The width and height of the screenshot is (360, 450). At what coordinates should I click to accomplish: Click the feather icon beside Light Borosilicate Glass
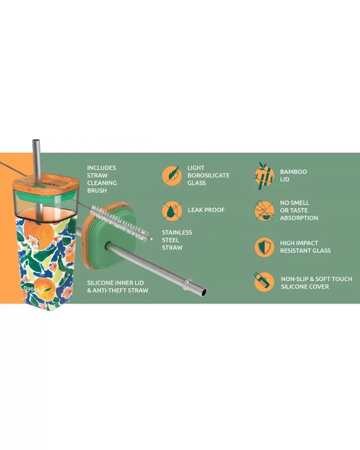pyautogui.click(x=172, y=175)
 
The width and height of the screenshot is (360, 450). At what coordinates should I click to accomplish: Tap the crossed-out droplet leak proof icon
pyautogui.click(x=172, y=211)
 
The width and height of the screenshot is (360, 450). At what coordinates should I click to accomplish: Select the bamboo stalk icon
pyautogui.click(x=264, y=176)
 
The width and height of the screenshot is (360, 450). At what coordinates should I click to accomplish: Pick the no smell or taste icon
pyautogui.click(x=264, y=210)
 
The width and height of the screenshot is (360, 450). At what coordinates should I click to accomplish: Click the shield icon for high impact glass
pyautogui.click(x=264, y=247)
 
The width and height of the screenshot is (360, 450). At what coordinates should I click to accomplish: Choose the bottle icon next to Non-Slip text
pyautogui.click(x=264, y=282)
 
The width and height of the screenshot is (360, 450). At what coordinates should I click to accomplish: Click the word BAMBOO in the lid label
pyautogui.click(x=293, y=172)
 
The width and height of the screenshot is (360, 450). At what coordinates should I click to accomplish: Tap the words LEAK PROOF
pyautogui.click(x=207, y=210)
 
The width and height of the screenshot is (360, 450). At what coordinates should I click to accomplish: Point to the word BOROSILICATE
pyautogui.click(x=208, y=175)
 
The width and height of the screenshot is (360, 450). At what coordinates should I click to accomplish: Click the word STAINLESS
pyautogui.click(x=177, y=232)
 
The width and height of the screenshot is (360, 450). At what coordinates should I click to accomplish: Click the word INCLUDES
pyautogui.click(x=101, y=168)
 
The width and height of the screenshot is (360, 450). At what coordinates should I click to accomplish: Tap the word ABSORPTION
pyautogui.click(x=299, y=218)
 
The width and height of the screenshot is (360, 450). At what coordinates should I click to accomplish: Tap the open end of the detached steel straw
pyautogui.click(x=204, y=292)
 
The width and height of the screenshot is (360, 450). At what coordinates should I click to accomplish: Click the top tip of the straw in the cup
pyautogui.click(x=36, y=140)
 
